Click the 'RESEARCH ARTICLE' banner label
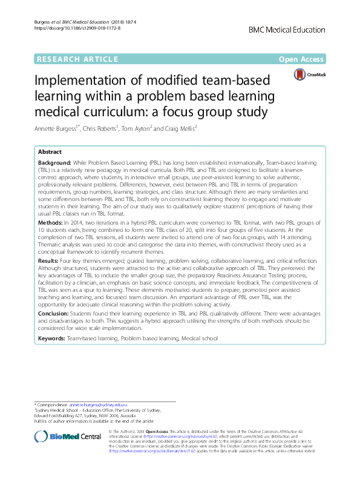(x=77, y=59)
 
